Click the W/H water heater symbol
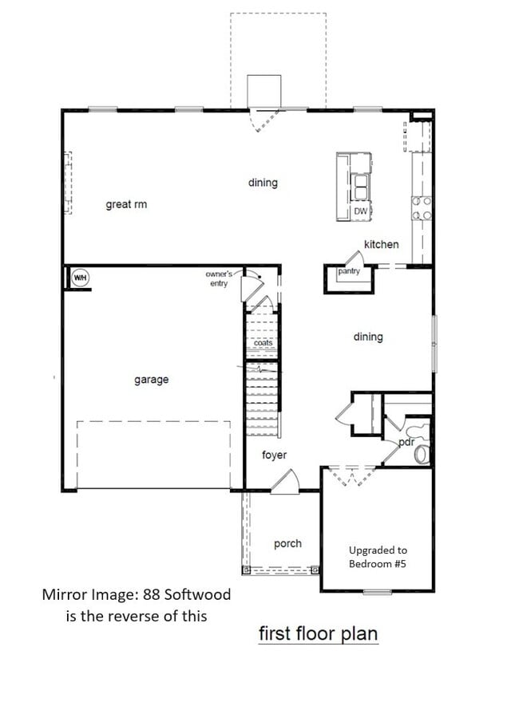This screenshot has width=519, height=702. [80, 278]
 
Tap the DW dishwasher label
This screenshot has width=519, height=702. [361, 211]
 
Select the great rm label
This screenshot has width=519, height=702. [126, 205]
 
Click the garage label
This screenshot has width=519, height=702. [151, 380]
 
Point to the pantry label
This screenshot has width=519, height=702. [349, 271]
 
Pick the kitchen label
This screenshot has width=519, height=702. [381, 244]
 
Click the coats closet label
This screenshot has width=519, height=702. [263, 343]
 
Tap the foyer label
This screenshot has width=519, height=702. [274, 456]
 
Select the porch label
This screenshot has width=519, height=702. [287, 544]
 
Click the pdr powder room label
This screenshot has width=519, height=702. [406, 442]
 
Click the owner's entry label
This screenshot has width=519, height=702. [217, 278]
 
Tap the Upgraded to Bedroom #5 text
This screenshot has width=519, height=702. [378, 557]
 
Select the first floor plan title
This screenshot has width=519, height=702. [318, 633]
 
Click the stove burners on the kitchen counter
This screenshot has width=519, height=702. [422, 208]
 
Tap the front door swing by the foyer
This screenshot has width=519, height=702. [286, 482]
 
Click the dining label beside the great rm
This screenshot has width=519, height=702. [263, 183]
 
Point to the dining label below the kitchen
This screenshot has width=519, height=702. [368, 337]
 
